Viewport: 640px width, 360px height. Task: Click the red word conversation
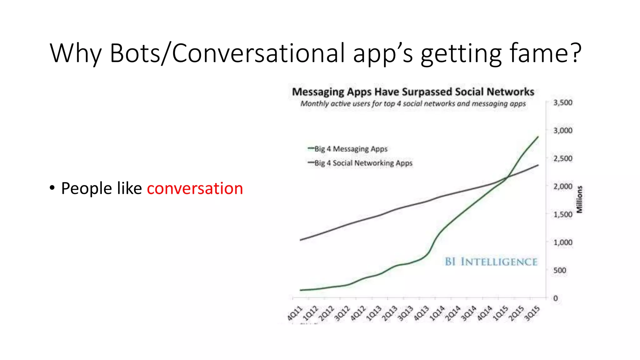[195, 188]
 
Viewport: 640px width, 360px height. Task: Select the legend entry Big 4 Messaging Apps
[350, 149]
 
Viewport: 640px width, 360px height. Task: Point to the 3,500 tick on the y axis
[562, 103]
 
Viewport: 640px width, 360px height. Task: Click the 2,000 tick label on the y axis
[562, 187]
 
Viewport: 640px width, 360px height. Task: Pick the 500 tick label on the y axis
[559, 270]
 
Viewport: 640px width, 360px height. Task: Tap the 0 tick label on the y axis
[555, 298]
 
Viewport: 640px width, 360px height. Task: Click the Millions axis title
[579, 199]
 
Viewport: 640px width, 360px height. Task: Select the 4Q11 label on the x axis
[295, 313]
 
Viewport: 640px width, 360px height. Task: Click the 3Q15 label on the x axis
[532, 313]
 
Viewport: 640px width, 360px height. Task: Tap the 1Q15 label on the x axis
[500, 313]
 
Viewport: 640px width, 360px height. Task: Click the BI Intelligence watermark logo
[491, 262]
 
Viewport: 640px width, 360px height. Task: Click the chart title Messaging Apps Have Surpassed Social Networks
[413, 92]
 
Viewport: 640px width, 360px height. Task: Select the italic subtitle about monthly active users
[413, 104]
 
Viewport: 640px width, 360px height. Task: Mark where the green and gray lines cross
[507, 177]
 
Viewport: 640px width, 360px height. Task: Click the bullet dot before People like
[52, 188]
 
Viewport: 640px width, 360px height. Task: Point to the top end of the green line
[538, 137]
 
